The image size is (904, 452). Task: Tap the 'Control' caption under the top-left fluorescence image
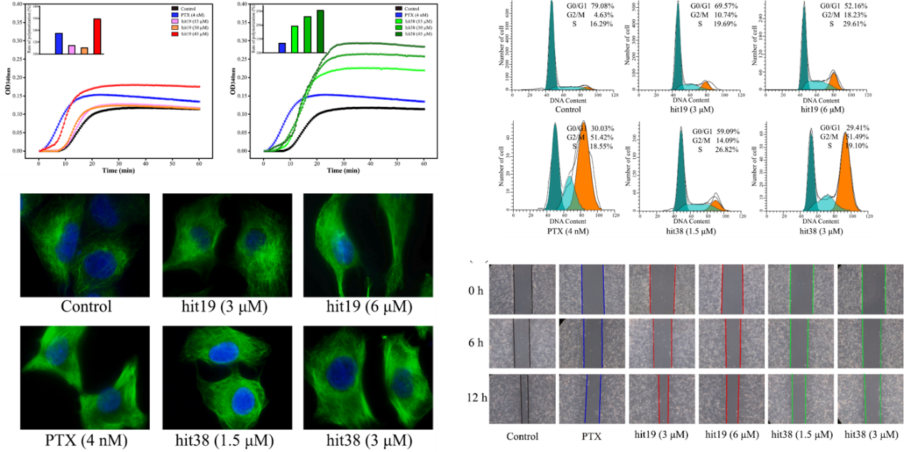86,307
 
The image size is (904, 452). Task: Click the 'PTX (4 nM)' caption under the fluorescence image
86,440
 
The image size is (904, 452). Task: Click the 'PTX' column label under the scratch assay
591,435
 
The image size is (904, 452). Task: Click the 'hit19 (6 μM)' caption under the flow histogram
820,109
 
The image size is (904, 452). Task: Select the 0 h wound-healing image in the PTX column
592,290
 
